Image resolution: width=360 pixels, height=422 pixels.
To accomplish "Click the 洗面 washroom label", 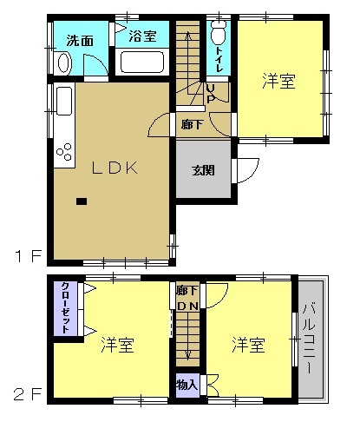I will tap(80, 39).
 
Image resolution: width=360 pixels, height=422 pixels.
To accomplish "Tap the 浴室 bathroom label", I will tap(142, 36).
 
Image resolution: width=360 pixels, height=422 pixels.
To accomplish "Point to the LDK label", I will tap(110, 168).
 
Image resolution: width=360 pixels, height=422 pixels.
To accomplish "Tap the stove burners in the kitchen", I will tap(63, 154).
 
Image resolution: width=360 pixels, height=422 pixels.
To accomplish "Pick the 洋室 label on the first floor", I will tap(279, 82).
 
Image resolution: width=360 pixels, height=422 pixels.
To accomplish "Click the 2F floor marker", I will tap(26, 394).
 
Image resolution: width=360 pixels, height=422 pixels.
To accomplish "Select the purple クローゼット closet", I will tap(65, 309).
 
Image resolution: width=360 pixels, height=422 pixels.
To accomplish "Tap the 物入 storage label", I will tap(187, 383).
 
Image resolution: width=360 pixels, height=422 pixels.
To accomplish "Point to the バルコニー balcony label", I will tap(309, 338).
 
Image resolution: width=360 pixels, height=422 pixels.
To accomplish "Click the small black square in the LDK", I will tap(82, 201).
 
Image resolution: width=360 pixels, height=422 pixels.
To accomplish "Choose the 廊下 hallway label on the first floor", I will tap(193, 124).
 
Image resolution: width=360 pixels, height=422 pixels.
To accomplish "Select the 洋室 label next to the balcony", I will tap(248, 345).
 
